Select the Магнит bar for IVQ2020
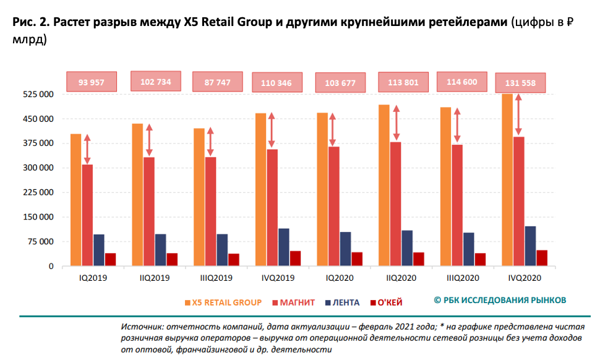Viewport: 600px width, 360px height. point(519,202)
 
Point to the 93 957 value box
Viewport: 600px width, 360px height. point(92,82)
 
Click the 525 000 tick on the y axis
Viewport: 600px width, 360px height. point(39,95)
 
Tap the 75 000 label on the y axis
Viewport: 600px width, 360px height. point(41,242)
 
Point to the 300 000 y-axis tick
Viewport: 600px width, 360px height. point(39,168)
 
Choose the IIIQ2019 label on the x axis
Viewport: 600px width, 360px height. point(216,278)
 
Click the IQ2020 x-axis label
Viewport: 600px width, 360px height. point(340,278)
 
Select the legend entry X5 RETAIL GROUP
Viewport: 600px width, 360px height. point(223,302)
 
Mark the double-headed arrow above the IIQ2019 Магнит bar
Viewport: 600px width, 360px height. point(149,140)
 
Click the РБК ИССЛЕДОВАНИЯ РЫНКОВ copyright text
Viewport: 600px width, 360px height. point(500,300)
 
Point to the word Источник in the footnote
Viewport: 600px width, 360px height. point(141,326)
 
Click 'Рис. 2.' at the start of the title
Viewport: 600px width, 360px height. point(28,23)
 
